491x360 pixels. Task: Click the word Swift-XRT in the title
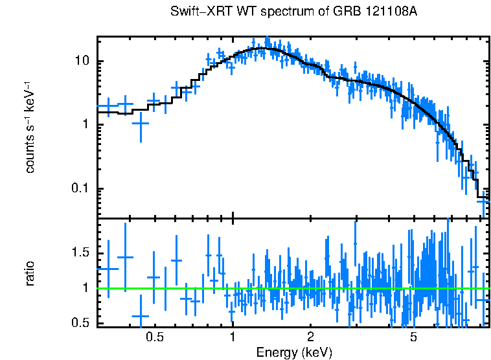pyautogui.click(x=197, y=12)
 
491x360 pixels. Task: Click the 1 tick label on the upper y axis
pyautogui.click(x=84, y=124)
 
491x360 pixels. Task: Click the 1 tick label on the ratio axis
pyautogui.click(x=84, y=287)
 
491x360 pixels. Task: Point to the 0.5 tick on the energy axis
pyautogui.click(x=154, y=337)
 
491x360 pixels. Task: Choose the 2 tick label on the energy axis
pyautogui.click(x=310, y=337)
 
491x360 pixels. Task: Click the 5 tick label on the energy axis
pyautogui.click(x=413, y=337)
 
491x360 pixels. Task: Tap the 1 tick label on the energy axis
pyautogui.click(x=233, y=337)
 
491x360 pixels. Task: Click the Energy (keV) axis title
pyautogui.click(x=293, y=352)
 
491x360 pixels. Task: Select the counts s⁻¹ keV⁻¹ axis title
pyautogui.click(x=30, y=126)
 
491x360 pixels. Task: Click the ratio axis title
pyautogui.click(x=30, y=273)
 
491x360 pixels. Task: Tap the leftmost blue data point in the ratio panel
pyautogui.click(x=108, y=268)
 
